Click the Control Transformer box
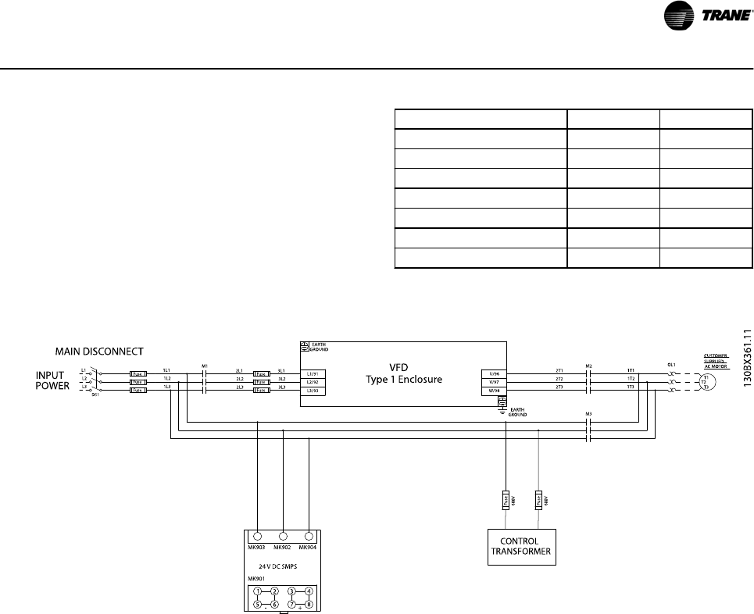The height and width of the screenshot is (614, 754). (x=520, y=545)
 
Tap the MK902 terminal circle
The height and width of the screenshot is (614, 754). (x=283, y=537)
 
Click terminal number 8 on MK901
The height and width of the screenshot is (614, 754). (x=309, y=604)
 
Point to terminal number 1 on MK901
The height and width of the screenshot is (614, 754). (x=257, y=591)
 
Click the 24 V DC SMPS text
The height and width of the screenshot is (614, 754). (x=282, y=565)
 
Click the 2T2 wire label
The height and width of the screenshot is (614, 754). (x=559, y=378)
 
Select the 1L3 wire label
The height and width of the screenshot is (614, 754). (x=166, y=387)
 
